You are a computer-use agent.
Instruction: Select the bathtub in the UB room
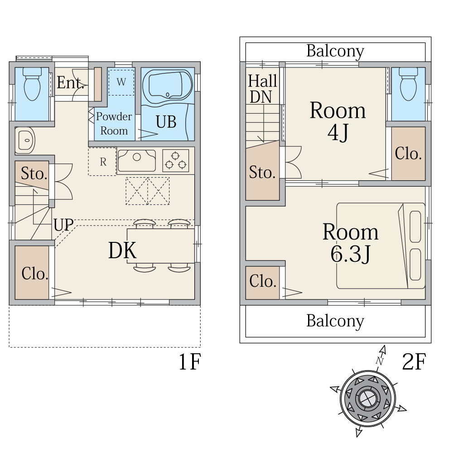pyautogui.click(x=167, y=86)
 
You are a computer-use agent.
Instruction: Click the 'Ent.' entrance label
pyautogui.click(x=71, y=83)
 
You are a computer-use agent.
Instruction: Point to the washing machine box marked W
pyautogui.click(x=121, y=82)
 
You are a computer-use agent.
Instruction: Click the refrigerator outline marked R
pyautogui.click(x=103, y=161)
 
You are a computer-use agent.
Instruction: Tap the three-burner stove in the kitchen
pyautogui.click(x=175, y=161)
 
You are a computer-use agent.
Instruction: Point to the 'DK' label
pyautogui.click(x=122, y=251)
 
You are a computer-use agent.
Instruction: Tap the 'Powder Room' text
pyautogui.click(x=114, y=124)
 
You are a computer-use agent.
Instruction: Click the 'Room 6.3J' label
pyautogui.click(x=350, y=243)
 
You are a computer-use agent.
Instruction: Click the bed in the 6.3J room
pyautogui.click(x=381, y=246)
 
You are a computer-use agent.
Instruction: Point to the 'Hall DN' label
pyautogui.click(x=262, y=89)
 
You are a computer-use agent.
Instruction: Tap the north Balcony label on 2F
pyautogui.click(x=335, y=51)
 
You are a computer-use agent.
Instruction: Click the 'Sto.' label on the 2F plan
pyautogui.click(x=262, y=172)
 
